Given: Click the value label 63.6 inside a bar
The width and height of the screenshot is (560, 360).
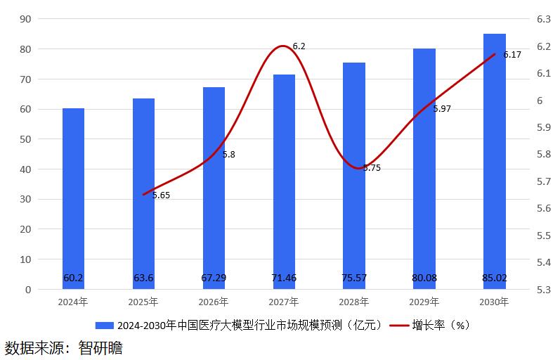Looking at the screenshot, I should tap(143, 278).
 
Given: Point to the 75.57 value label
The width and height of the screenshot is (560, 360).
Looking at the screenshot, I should tap(354, 278).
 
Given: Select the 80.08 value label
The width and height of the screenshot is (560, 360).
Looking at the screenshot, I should tap(424, 278).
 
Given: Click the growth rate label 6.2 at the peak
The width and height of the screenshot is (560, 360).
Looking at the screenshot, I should tap(299, 46).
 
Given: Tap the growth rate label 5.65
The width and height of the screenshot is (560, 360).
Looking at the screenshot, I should tap(161, 195).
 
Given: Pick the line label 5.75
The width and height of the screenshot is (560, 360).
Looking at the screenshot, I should tap(372, 168).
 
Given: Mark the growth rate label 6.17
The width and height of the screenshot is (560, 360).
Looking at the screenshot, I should tap(512, 55).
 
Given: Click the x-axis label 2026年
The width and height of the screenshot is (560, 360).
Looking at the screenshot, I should tap(214, 302).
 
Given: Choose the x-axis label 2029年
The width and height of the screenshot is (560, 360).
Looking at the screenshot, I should tap(424, 302).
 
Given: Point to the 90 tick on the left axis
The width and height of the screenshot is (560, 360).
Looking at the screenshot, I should tap(25, 19).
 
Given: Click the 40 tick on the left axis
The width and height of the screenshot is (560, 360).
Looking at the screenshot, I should tap(25, 169).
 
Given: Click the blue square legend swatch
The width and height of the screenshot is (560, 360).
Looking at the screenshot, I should tap(104, 325).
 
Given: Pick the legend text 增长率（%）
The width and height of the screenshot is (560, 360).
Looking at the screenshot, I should tap(441, 325).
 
